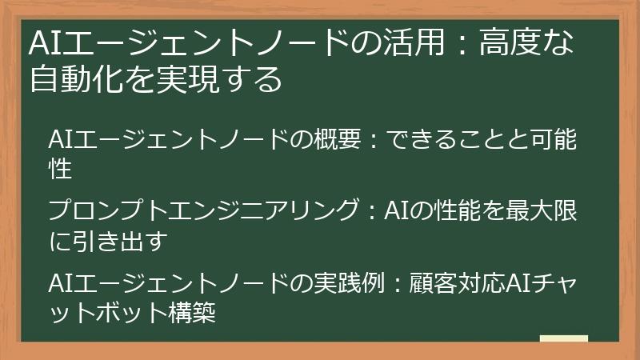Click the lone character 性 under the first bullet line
(61, 169)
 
